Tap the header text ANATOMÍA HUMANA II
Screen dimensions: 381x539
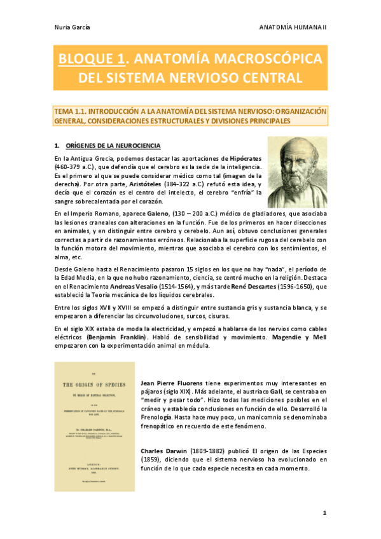pyautogui.click(x=293, y=27)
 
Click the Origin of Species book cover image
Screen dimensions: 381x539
pyautogui.click(x=95, y=426)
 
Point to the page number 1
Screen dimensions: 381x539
pyautogui.click(x=324, y=512)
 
